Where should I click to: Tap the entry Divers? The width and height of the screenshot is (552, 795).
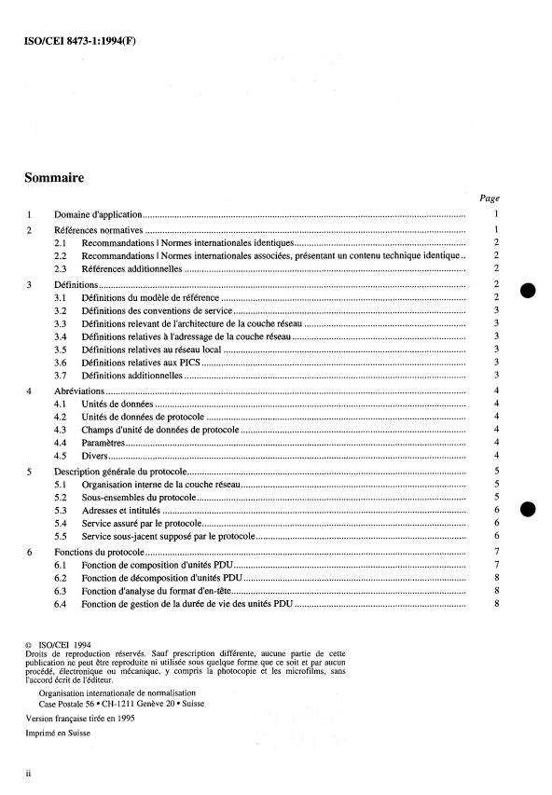pyautogui.click(x=94, y=456)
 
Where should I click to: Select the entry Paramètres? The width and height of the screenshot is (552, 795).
pyautogui.click(x=104, y=443)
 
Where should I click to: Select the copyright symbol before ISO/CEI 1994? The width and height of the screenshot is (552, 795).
pyautogui.click(x=28, y=643)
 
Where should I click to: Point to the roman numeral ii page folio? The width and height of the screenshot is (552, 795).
pyautogui.click(x=29, y=774)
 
